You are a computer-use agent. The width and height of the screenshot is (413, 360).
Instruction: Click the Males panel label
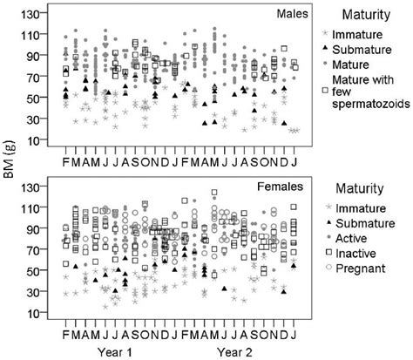coord(281,14)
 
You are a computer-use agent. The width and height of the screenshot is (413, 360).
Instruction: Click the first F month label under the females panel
coord(65,333)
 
